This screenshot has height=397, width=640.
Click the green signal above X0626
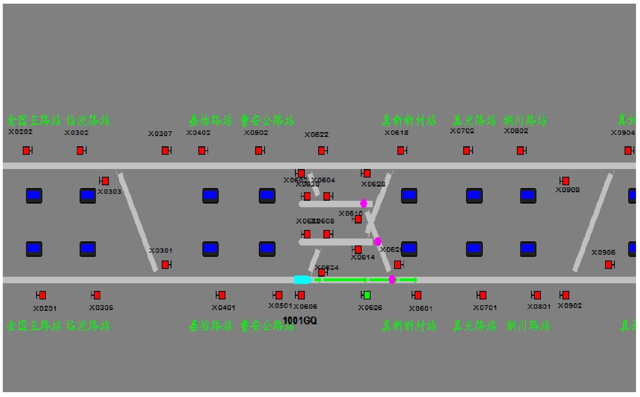click(x=367, y=295)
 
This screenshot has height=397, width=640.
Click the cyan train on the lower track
click(x=302, y=280)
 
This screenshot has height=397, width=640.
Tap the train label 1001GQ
click(x=300, y=321)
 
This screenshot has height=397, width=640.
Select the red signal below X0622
click(x=322, y=151)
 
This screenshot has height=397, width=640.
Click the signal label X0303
click(x=109, y=191)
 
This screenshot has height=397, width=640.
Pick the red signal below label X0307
click(x=165, y=151)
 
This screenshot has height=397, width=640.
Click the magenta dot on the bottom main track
click(x=392, y=279)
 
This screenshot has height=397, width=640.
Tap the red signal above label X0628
click(x=367, y=174)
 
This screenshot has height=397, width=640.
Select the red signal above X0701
click(x=482, y=295)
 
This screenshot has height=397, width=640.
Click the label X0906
click(x=603, y=252)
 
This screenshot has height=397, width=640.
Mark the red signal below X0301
click(x=165, y=265)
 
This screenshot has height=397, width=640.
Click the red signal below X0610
click(x=358, y=219)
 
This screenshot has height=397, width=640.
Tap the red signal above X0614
click(x=358, y=249)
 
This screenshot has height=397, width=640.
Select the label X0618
click(x=397, y=132)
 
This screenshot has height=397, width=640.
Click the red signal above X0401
click(x=221, y=295)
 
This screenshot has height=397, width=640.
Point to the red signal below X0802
click(x=521, y=151)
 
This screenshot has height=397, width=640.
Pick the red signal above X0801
click(x=537, y=295)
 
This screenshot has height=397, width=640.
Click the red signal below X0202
click(x=26, y=151)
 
